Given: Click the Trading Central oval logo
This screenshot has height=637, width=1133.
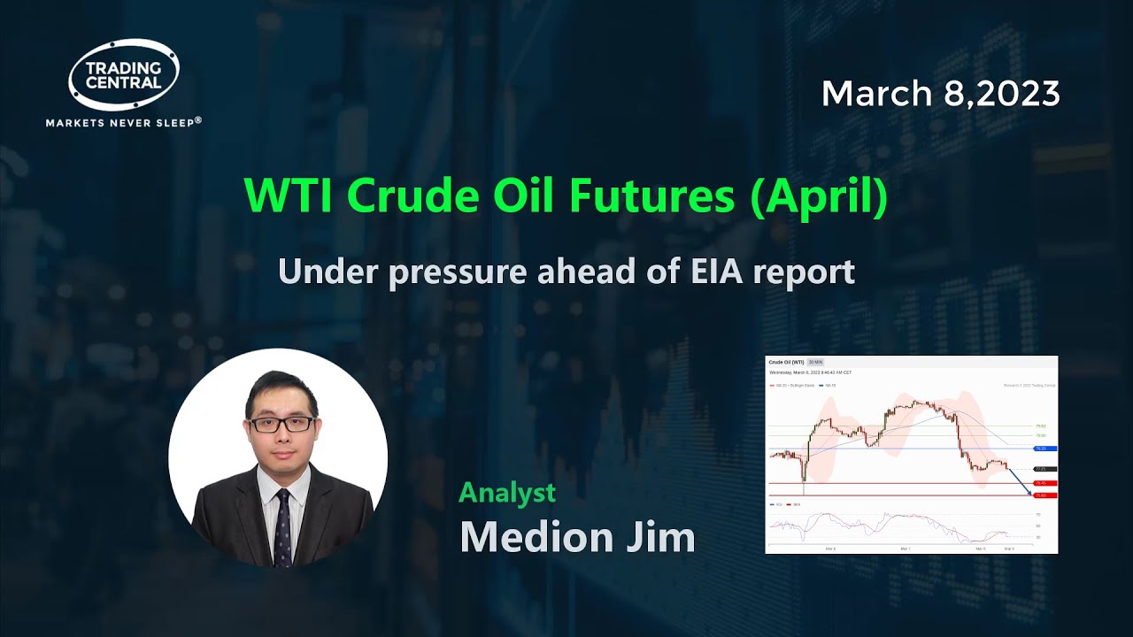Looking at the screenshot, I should pyautogui.click(x=124, y=74).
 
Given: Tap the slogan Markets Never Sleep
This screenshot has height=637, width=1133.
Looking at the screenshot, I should pyautogui.click(x=124, y=122).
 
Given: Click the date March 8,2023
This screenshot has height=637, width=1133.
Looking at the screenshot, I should pyautogui.click(x=940, y=94).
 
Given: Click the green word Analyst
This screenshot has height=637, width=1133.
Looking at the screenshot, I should pyautogui.click(x=507, y=492).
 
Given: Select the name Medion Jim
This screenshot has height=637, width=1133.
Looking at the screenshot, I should pyautogui.click(x=577, y=536).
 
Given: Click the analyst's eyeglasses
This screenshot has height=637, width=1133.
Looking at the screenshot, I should pyautogui.click(x=281, y=424).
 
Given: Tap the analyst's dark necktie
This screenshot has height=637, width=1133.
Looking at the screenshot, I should pyautogui.click(x=282, y=528).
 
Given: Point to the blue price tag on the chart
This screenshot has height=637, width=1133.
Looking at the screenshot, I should pyautogui.click(x=1044, y=449).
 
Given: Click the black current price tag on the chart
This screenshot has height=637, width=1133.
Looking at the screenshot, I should pyautogui.click(x=1044, y=469).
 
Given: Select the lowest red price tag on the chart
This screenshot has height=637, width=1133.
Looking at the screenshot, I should pyautogui.click(x=1044, y=495).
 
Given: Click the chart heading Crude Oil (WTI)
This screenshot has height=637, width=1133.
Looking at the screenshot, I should pyautogui.click(x=786, y=362).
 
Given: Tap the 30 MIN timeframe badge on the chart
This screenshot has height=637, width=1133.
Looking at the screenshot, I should pyautogui.click(x=815, y=362).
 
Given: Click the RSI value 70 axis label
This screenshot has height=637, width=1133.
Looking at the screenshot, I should pyautogui.click(x=1037, y=514).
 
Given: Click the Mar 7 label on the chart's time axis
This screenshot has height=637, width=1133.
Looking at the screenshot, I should pyautogui.click(x=905, y=549).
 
